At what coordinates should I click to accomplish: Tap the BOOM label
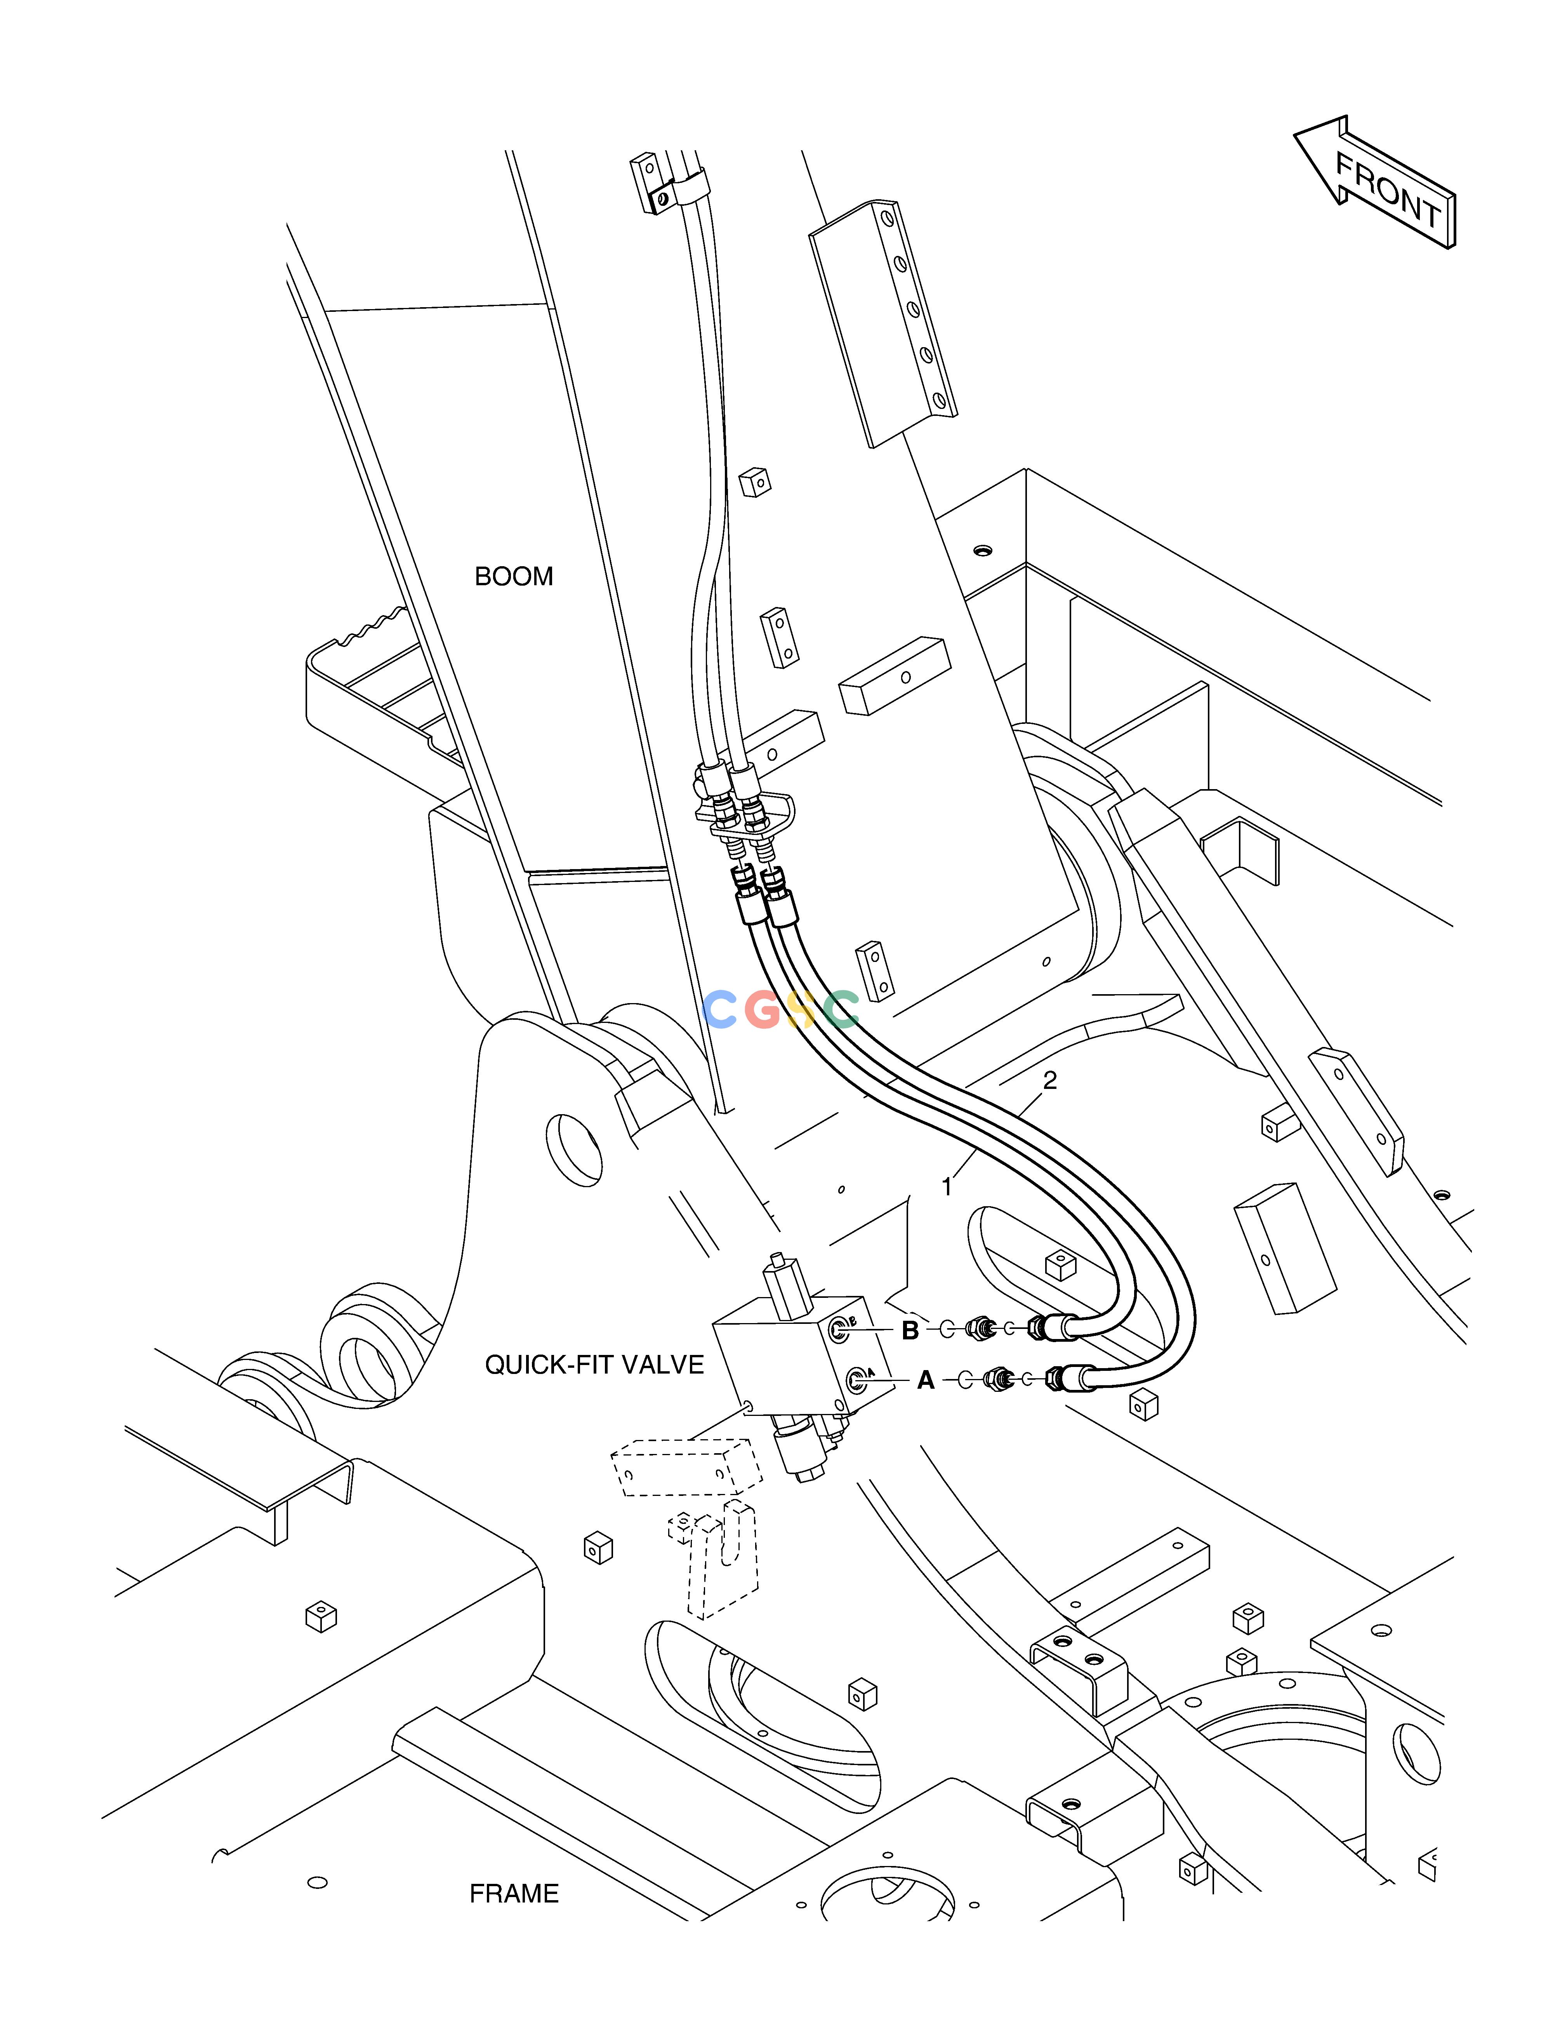point(514,577)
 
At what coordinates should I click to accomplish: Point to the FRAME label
point(514,1894)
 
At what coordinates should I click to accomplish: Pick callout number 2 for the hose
point(1050,1080)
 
